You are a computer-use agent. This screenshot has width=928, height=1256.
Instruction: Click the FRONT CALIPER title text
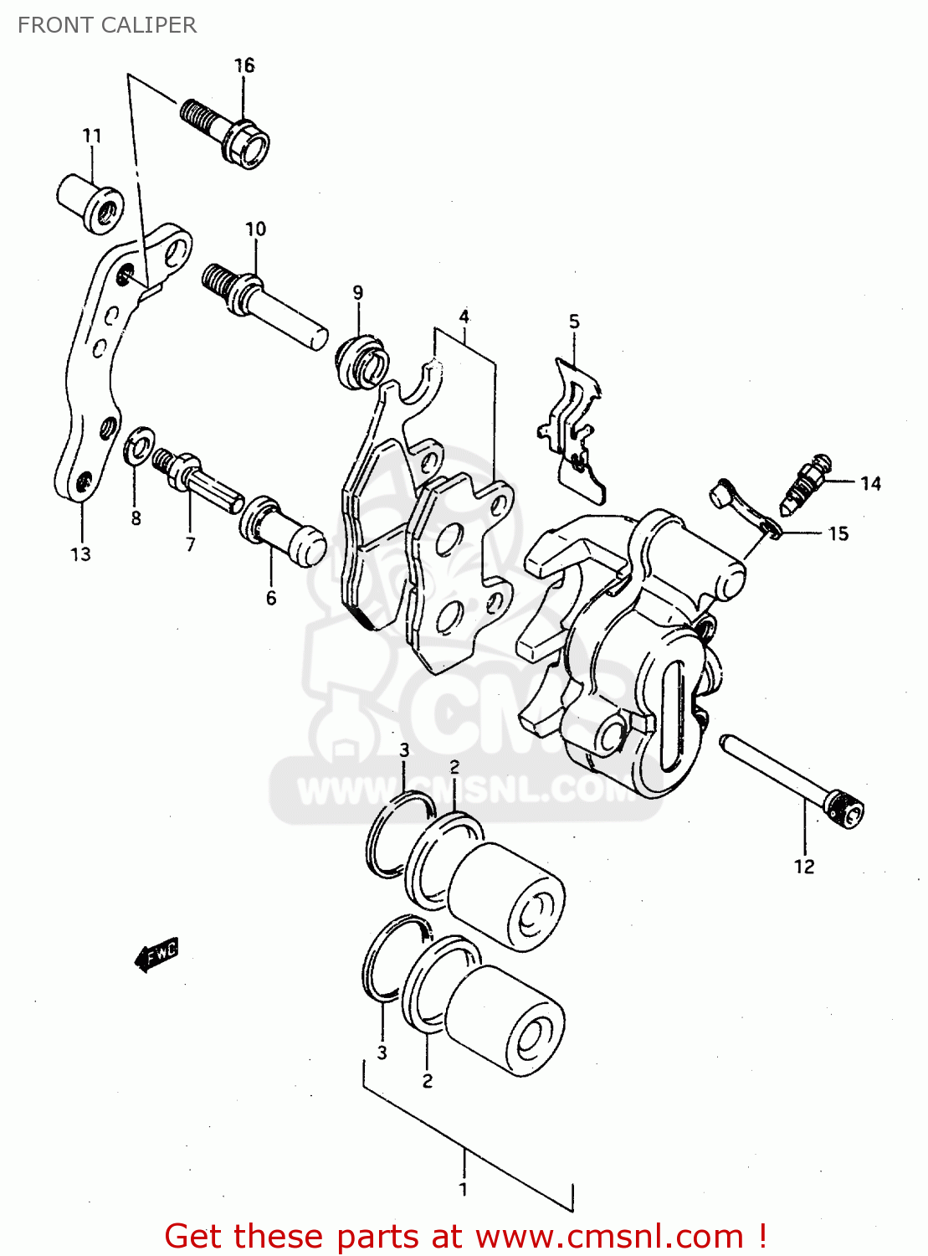coord(107,25)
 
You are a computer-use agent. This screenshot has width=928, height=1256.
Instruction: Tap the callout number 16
coord(244,65)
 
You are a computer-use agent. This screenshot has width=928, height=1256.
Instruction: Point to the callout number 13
coord(80,554)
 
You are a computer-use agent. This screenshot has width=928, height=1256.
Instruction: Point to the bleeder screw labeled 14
coord(805,483)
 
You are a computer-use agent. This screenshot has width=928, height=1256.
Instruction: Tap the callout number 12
coord(804,867)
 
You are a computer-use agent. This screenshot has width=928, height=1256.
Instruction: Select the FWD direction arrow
coord(157,952)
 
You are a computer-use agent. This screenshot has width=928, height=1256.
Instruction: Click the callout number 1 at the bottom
coord(464,1188)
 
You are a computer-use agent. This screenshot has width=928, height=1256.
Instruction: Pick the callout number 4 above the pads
coord(464,317)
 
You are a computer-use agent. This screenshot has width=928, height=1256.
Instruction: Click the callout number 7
coord(191,544)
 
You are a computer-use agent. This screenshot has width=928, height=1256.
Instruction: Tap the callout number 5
coord(574,322)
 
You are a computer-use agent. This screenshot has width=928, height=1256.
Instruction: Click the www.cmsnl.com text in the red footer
coord(609,1237)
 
